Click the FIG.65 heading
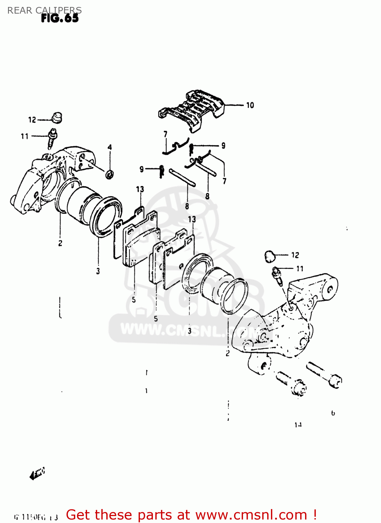click(60, 18)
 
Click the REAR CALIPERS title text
click(44, 10)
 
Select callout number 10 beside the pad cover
click(250, 105)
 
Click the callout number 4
click(110, 147)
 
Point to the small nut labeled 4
click(109, 174)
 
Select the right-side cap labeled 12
click(270, 256)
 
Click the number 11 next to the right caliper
click(300, 268)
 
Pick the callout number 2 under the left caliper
click(60, 243)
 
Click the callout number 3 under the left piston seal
click(98, 271)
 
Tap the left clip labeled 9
click(161, 171)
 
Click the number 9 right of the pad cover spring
click(223, 146)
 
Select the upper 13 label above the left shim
click(140, 189)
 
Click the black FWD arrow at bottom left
click(37, 473)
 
